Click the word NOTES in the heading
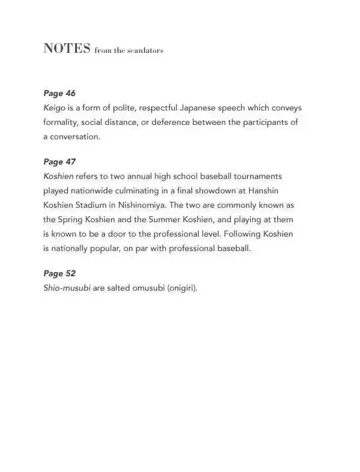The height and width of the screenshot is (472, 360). point(67,49)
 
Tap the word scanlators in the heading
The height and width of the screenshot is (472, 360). point(145,50)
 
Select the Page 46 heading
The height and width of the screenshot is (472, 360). point(59,93)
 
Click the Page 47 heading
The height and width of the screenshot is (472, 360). point(59,162)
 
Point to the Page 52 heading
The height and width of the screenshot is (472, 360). point(59,273)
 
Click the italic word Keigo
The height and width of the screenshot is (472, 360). point(55,108)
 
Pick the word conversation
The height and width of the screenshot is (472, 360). point(75,137)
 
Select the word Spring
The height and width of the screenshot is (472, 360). point(71,220)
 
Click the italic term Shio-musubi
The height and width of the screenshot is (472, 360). point(67,288)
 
